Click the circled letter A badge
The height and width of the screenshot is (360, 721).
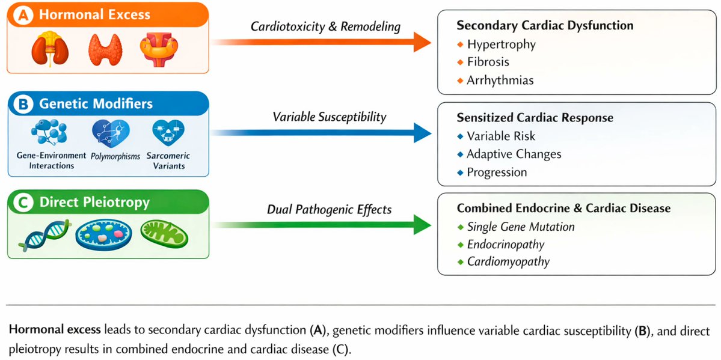pos(23,14)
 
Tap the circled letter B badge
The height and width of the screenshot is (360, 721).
pos(23,103)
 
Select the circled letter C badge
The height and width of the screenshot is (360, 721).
pos(23,203)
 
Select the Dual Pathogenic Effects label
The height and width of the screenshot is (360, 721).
pos(330,209)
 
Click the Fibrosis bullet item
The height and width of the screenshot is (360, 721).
pos(487,62)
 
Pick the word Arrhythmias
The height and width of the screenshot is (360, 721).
pos(500,80)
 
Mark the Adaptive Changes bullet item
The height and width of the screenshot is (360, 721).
pos(514,154)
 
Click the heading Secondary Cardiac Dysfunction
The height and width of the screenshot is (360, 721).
pos(545,26)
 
